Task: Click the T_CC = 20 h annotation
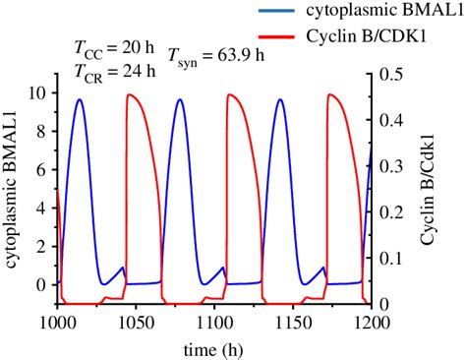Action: (x=109, y=47)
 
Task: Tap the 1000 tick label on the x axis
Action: (x=58, y=322)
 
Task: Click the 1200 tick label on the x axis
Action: (x=370, y=322)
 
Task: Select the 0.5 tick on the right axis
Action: (x=390, y=74)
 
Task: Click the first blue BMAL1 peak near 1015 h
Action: (x=80, y=99)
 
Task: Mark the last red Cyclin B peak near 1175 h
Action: (x=330, y=95)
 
